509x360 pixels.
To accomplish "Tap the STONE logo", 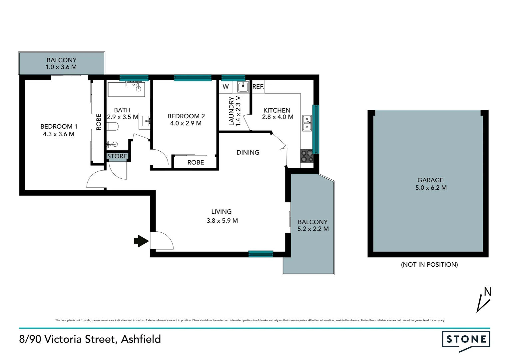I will (466, 340).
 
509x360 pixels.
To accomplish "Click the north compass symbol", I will (484, 299).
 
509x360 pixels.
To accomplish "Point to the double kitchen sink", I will (307, 123).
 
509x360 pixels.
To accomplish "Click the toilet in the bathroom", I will (113, 127).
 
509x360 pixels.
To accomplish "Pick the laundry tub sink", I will (243, 87).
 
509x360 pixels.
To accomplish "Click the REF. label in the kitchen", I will (258, 87).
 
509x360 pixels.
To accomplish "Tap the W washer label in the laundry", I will (226, 87).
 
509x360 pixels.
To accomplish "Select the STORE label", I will (117, 156).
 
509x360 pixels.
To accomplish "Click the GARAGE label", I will (430, 180).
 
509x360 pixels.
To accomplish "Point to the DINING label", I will (248, 152).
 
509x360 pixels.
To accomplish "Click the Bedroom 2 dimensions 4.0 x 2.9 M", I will (186, 123).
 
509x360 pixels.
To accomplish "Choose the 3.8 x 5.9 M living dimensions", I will (222, 221).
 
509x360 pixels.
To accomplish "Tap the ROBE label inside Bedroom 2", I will (196, 162).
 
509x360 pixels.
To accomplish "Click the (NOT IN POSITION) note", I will (429, 264).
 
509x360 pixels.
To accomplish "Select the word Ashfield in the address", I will (141, 339).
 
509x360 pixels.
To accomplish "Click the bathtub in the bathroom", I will (126, 89).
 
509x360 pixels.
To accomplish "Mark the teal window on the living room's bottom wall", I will (261, 254).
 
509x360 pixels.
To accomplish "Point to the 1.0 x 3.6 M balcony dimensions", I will (61, 67).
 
